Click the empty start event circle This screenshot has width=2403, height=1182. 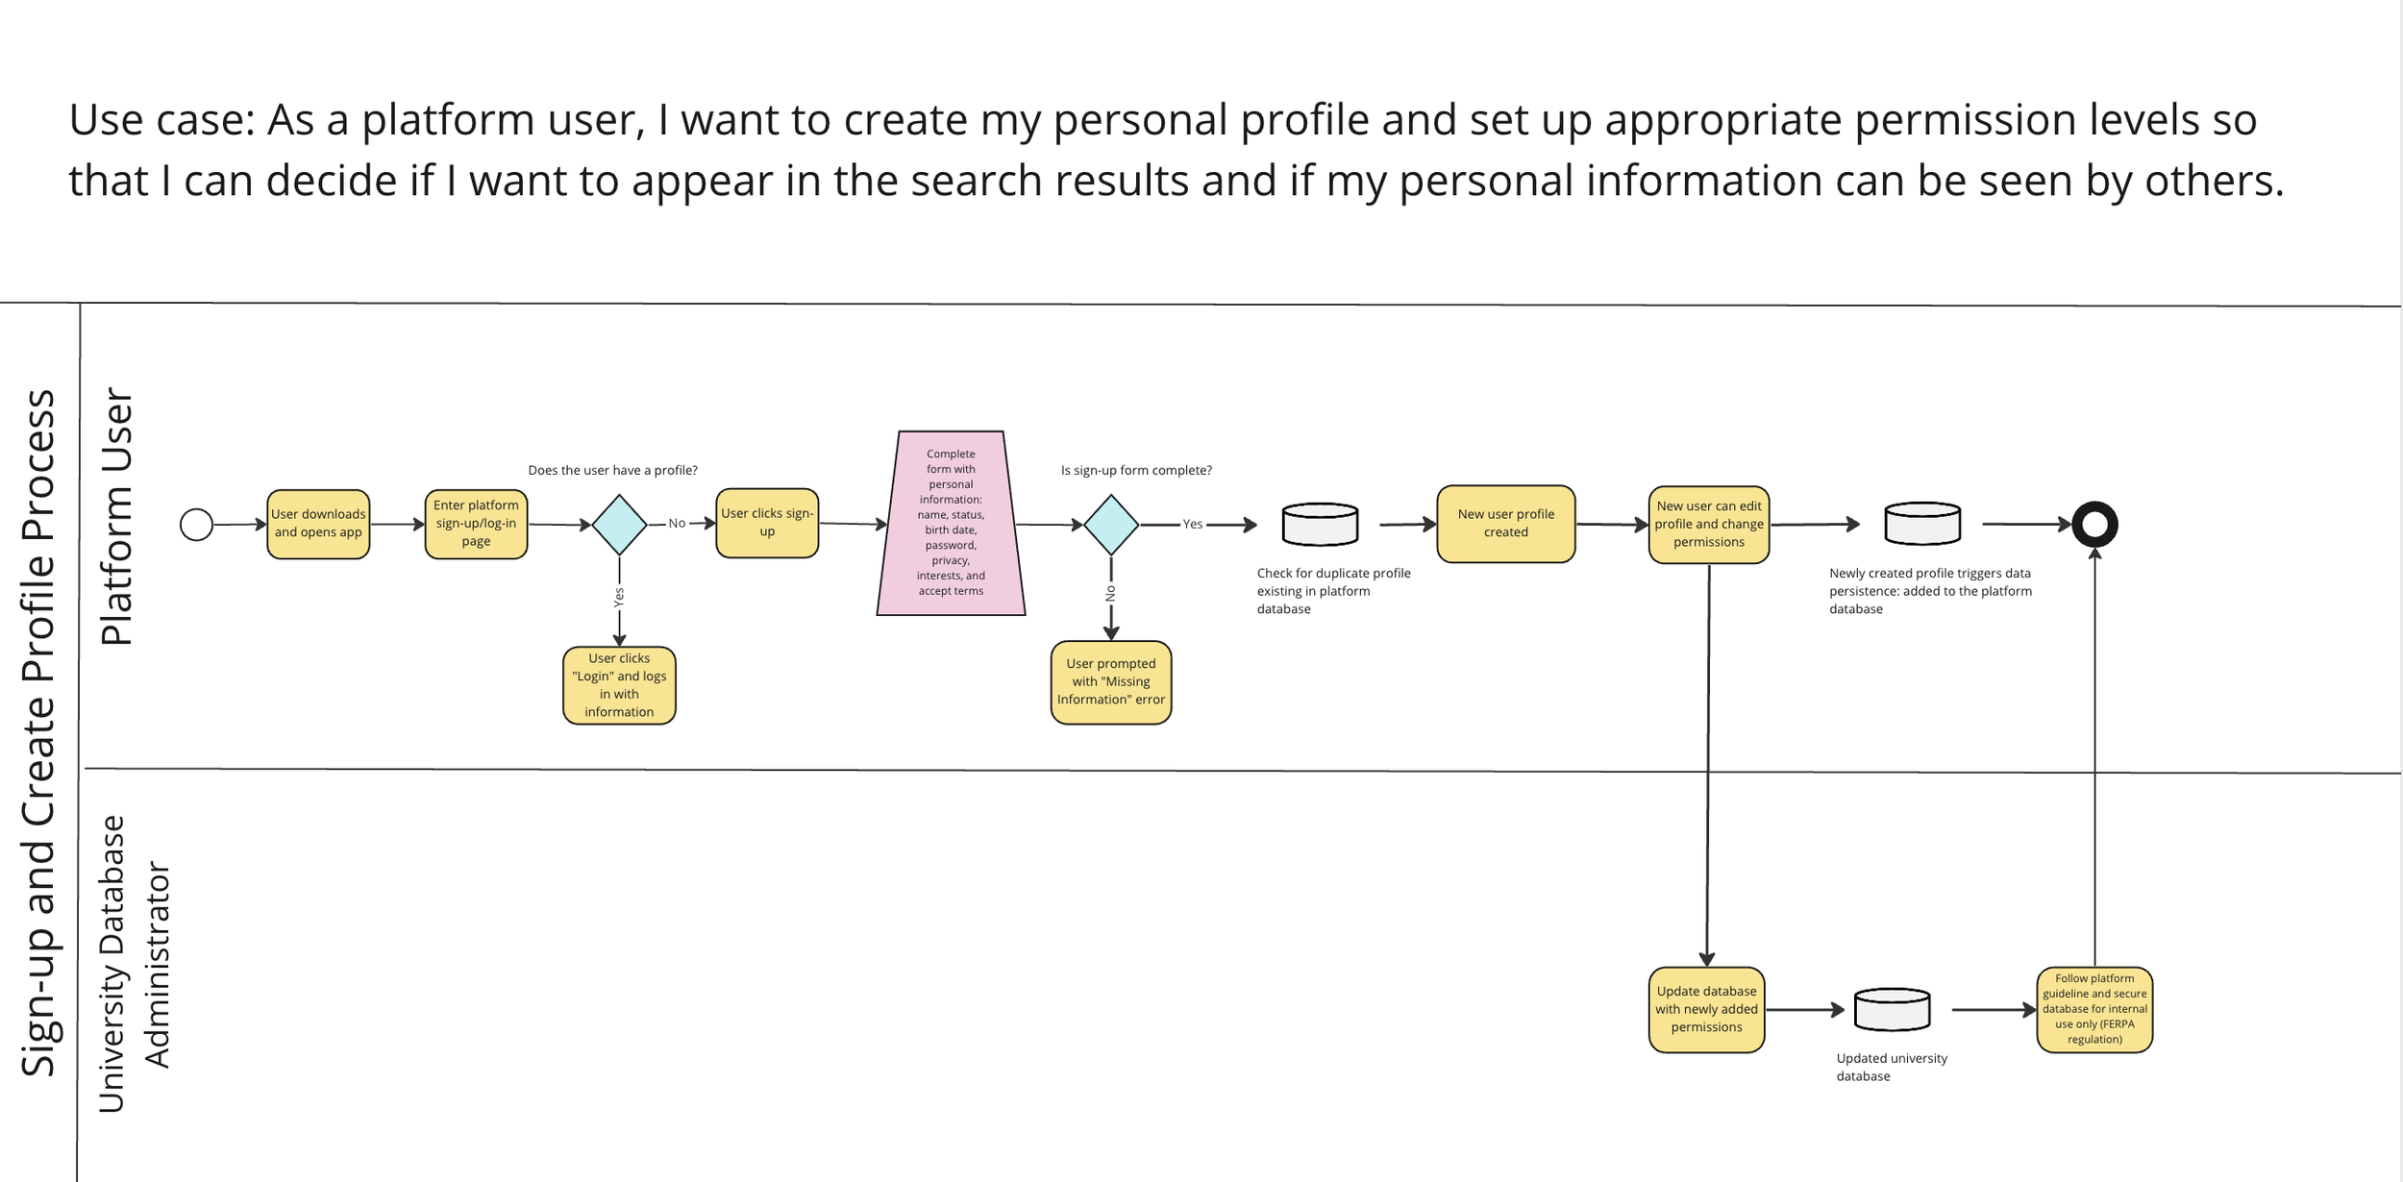[x=196, y=525]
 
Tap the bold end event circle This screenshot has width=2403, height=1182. [x=2094, y=525]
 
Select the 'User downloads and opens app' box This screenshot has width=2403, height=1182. [x=318, y=524]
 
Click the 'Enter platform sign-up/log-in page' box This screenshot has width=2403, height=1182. [x=476, y=524]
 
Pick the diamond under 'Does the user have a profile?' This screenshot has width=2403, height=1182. [x=619, y=525]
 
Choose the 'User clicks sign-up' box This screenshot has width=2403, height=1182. [x=767, y=523]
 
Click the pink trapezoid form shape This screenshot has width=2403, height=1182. [x=951, y=524]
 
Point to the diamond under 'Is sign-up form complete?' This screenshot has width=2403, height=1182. [x=1111, y=525]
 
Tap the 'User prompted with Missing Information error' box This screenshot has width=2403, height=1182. [x=1111, y=682]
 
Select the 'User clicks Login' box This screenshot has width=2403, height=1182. [x=619, y=685]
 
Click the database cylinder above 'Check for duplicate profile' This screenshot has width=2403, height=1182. [x=1320, y=524]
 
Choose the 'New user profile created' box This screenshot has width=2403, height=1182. [x=1505, y=524]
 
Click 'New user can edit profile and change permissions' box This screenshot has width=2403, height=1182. [x=1709, y=525]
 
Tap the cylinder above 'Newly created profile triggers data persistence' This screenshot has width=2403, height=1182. [x=1922, y=524]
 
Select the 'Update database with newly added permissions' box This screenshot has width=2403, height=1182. [x=1706, y=1010]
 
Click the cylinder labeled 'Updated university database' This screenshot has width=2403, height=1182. [x=1892, y=1010]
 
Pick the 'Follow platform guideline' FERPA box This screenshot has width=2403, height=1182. [x=2094, y=1010]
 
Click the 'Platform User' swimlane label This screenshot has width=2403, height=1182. [x=116, y=517]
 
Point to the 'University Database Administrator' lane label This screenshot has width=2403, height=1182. [x=135, y=965]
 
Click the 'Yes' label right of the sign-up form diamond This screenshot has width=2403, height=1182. [x=1192, y=525]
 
